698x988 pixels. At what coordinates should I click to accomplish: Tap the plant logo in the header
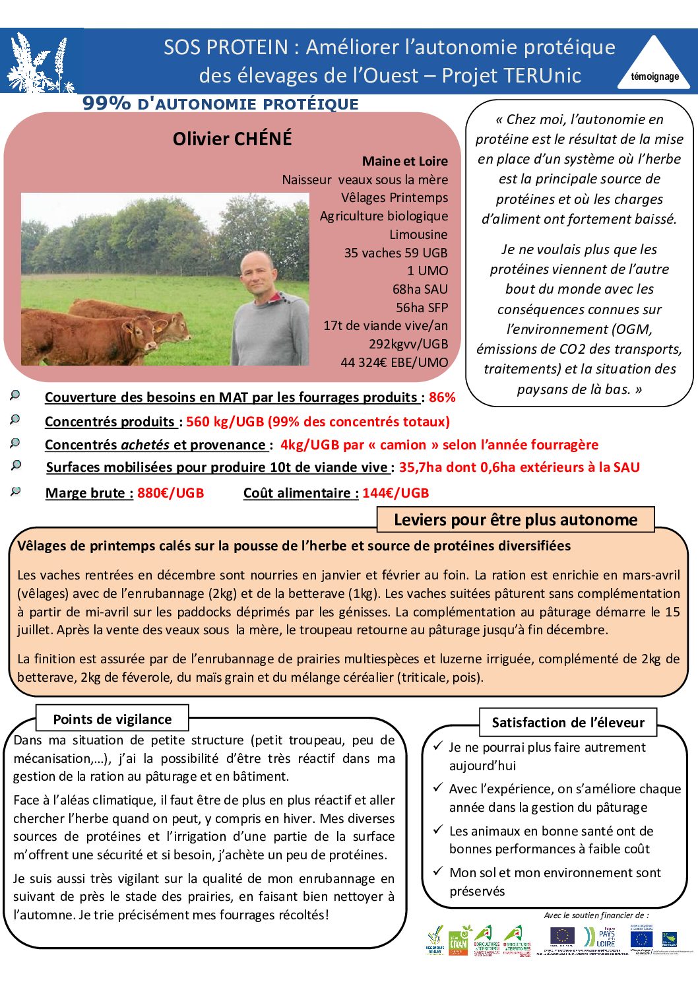point(41,62)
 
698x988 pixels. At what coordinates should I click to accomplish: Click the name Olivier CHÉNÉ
point(232,139)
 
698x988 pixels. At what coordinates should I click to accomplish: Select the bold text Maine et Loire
point(404,161)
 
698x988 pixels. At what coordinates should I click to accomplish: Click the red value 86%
point(442,397)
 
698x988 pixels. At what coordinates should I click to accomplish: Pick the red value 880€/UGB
point(170,493)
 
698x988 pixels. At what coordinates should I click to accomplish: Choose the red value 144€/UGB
point(396,493)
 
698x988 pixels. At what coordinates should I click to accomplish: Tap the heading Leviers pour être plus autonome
point(515,520)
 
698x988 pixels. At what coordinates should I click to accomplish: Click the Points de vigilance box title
point(112,719)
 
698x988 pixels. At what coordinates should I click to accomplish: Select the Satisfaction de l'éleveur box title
point(568,723)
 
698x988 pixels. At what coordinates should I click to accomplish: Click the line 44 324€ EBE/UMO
point(394,362)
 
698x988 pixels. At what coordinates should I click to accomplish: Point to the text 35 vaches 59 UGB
point(395,253)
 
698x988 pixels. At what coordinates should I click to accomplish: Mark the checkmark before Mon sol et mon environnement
point(437,871)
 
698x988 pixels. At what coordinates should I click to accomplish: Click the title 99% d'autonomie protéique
point(220,104)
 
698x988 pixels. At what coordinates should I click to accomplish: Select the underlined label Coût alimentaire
point(301,493)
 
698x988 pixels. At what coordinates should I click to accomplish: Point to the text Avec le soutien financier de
point(596,915)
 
